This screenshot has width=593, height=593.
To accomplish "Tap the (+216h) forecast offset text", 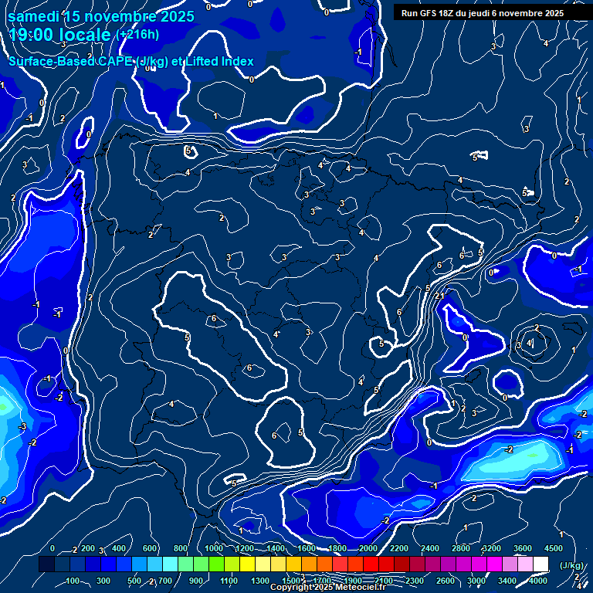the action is [x=138, y=35].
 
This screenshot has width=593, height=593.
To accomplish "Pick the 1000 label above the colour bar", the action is [x=214, y=548].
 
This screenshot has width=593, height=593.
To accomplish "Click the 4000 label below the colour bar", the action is [x=539, y=581].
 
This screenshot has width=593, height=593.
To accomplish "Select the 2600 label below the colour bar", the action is [x=446, y=581].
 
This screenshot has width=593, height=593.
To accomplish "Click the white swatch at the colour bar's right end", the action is [x=540, y=564].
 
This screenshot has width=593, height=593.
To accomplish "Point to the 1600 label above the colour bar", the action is [x=307, y=548].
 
